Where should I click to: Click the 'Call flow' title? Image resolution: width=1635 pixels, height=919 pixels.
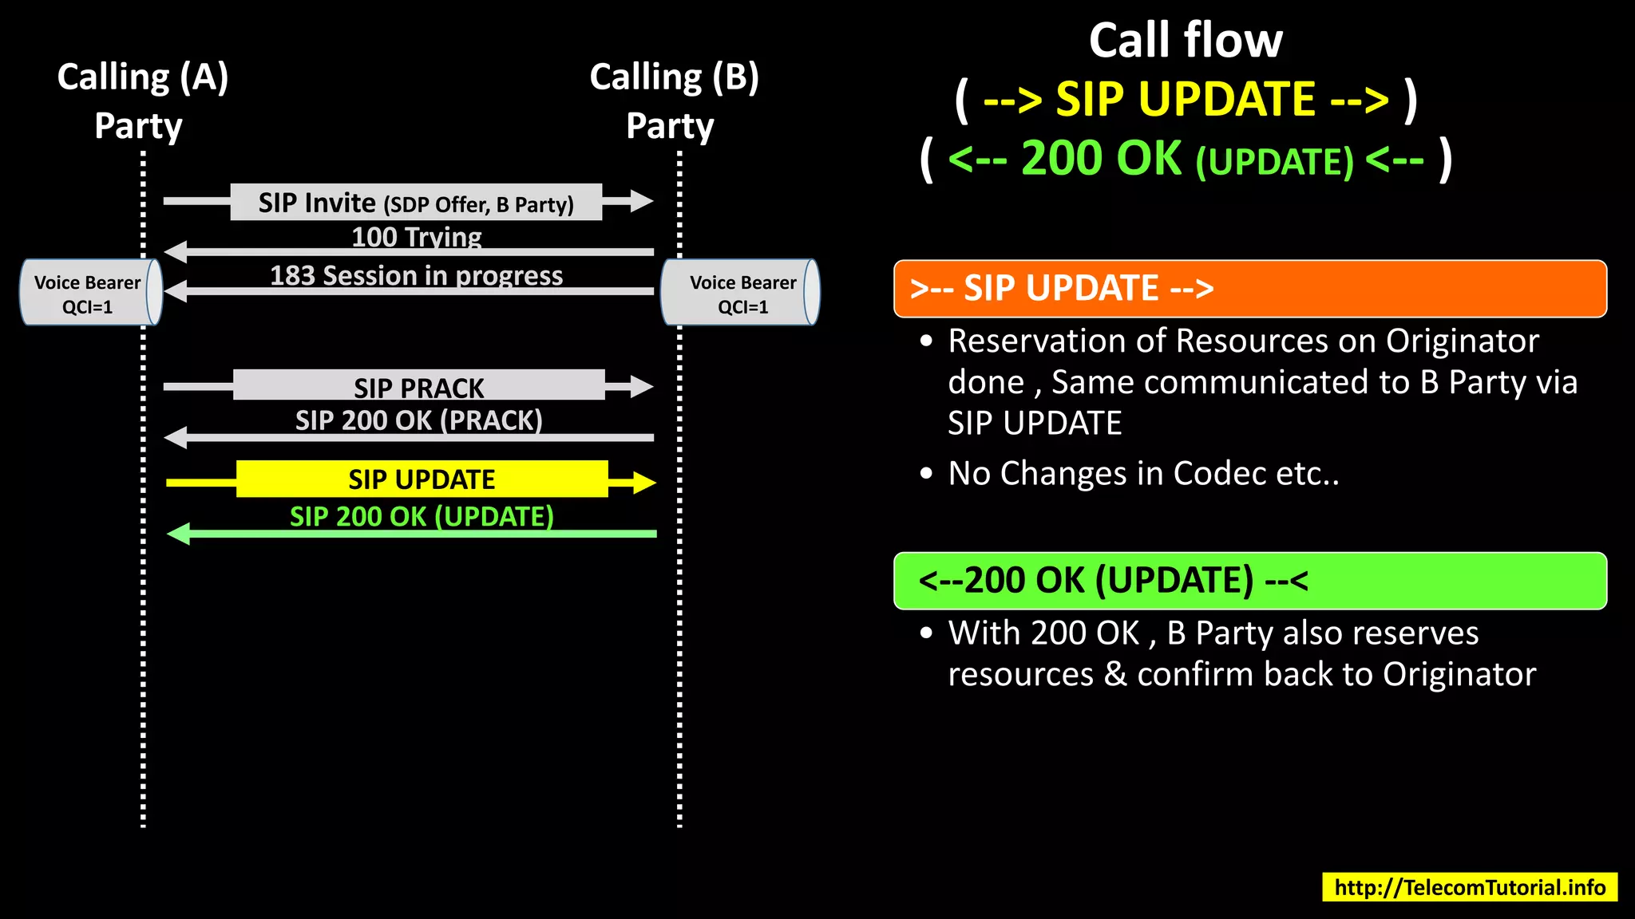click(1186, 41)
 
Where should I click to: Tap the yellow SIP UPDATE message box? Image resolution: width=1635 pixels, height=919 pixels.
click(422, 479)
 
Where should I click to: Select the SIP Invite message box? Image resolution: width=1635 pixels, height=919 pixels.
click(415, 203)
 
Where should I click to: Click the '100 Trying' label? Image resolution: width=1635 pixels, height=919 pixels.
click(417, 237)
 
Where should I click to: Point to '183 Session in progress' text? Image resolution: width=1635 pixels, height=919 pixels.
click(416, 275)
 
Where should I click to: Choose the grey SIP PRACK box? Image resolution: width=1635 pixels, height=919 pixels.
click(418, 385)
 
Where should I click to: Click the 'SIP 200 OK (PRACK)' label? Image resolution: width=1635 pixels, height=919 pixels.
click(418, 420)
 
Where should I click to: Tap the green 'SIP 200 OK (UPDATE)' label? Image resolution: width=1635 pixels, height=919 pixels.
click(422, 516)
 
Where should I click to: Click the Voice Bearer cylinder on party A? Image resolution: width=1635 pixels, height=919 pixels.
click(89, 293)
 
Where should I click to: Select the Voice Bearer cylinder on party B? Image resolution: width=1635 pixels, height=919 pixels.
click(741, 293)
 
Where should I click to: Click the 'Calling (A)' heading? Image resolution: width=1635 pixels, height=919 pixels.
click(143, 78)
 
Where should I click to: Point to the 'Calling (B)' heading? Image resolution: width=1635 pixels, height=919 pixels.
click(674, 78)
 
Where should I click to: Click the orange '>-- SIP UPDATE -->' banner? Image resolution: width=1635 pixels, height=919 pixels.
click(1249, 289)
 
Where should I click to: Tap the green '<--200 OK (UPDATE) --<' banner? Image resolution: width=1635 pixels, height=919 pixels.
click(1249, 581)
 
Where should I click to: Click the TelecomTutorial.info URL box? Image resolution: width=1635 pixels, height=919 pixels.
click(1469, 887)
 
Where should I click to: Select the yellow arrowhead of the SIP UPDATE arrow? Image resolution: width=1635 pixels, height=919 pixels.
click(643, 483)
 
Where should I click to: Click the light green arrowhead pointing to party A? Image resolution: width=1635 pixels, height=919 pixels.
click(179, 534)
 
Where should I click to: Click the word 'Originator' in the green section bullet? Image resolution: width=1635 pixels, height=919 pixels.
click(1459, 675)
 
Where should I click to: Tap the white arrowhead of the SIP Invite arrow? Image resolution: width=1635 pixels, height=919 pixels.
click(641, 201)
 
